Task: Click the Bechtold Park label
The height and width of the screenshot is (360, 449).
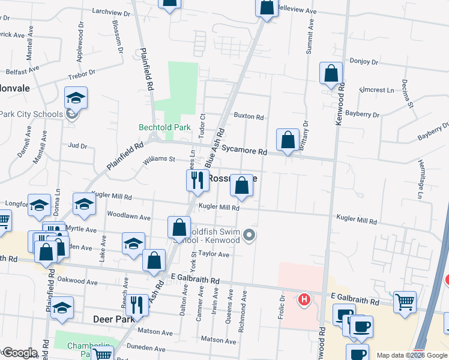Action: click(164, 127)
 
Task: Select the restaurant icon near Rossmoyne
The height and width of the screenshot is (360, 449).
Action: click(197, 179)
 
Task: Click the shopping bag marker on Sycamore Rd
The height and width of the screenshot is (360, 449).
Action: click(288, 140)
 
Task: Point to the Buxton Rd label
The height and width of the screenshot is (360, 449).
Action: click(249, 116)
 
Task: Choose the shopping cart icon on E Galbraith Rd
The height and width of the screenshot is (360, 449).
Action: click(405, 302)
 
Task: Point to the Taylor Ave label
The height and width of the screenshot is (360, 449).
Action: click(215, 254)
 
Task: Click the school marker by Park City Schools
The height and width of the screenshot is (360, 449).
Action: click(76, 98)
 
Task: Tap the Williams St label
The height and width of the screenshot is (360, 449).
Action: click(158, 160)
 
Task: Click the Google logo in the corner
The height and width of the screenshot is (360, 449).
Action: click(19, 353)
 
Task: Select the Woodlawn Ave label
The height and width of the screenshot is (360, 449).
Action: click(127, 214)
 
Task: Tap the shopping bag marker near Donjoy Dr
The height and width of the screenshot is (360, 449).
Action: click(331, 74)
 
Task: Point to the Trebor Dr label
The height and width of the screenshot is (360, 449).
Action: click(82, 74)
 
